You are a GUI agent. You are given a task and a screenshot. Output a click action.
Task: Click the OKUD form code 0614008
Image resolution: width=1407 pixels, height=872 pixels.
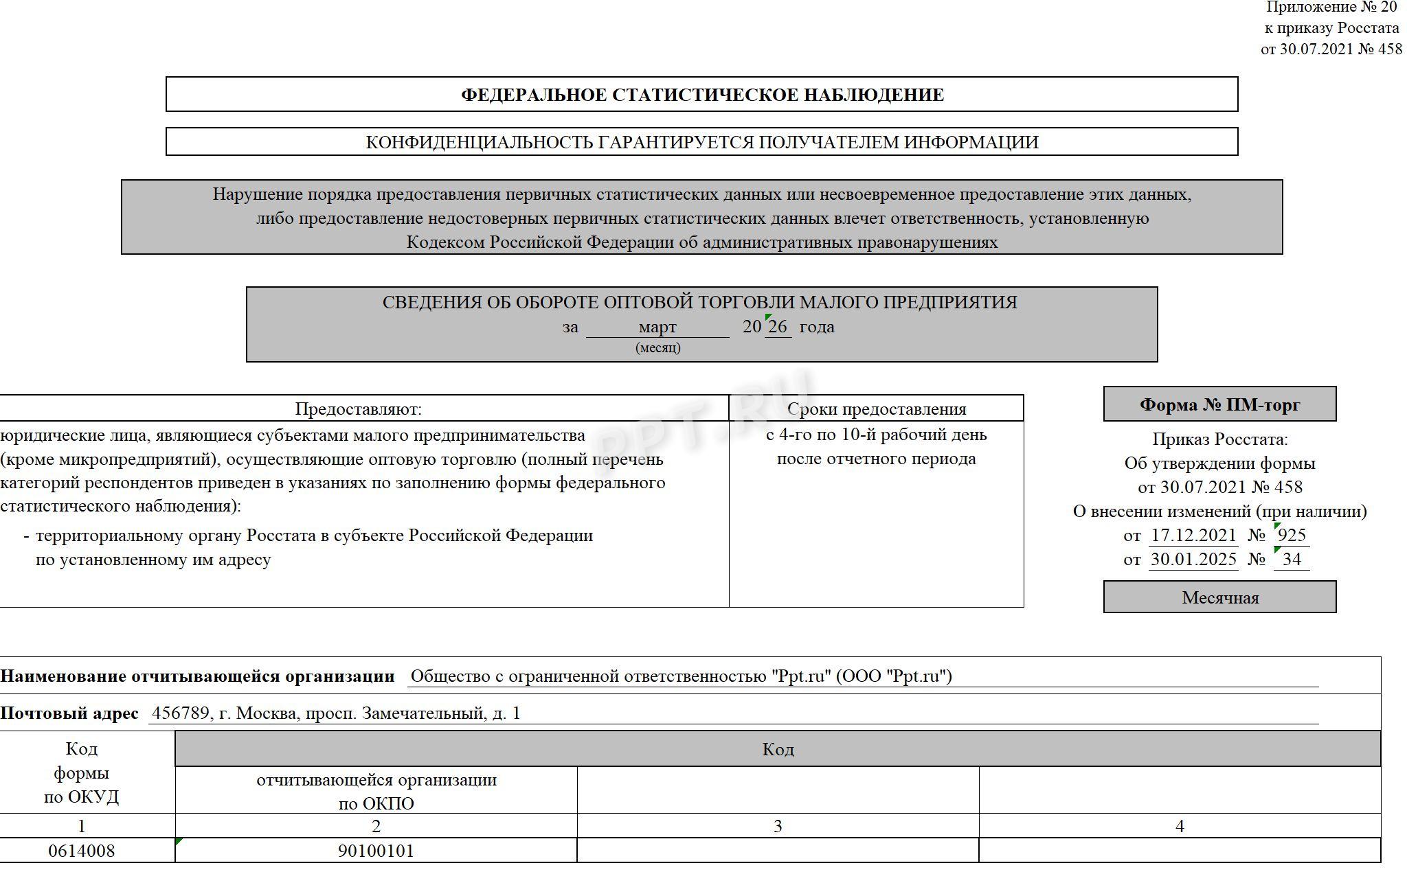pyautogui.click(x=81, y=851)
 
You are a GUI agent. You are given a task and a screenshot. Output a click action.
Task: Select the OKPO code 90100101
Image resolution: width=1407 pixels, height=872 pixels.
pyautogui.click(x=376, y=851)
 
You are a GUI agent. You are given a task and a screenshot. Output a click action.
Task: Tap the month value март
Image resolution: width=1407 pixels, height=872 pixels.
pyautogui.click(x=657, y=327)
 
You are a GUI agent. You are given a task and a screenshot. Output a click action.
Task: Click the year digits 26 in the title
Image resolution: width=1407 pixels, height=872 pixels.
pyautogui.click(x=777, y=327)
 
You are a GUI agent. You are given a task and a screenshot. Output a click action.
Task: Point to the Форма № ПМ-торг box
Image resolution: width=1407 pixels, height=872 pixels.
pyautogui.click(x=1219, y=404)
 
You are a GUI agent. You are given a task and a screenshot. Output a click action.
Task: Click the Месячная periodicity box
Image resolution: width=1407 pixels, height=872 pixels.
pyautogui.click(x=1219, y=597)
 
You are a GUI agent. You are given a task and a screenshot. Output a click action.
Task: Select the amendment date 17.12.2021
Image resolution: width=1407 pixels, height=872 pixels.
pyautogui.click(x=1193, y=535)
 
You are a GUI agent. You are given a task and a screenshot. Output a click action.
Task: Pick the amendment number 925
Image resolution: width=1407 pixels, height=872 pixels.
pyautogui.click(x=1292, y=535)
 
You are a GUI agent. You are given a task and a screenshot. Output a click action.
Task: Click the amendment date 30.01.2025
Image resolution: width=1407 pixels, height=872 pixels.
pyautogui.click(x=1193, y=559)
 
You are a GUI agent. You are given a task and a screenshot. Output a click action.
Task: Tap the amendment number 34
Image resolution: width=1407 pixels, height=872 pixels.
pyautogui.click(x=1292, y=559)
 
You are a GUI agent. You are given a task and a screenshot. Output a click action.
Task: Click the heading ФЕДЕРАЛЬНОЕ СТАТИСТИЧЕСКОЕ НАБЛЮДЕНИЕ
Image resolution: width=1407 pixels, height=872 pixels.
pyautogui.click(x=701, y=95)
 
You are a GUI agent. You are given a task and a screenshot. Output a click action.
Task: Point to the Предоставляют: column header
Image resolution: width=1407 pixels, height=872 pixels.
pyautogui.click(x=358, y=409)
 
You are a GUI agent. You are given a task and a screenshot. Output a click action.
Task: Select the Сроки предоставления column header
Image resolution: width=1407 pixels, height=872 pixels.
pyautogui.click(x=876, y=409)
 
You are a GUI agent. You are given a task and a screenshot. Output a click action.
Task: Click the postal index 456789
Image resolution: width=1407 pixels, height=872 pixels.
pyautogui.click(x=180, y=713)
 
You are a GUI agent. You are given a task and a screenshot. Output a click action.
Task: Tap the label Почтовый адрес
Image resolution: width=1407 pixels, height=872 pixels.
pyautogui.click(x=69, y=713)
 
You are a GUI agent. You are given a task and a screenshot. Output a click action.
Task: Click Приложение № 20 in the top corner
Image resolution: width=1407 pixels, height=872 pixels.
pyautogui.click(x=1331, y=8)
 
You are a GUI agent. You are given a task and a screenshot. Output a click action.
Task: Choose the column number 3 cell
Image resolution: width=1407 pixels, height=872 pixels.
pyautogui.click(x=777, y=826)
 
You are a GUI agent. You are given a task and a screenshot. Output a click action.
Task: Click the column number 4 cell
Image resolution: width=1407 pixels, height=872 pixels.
pyautogui.click(x=1179, y=826)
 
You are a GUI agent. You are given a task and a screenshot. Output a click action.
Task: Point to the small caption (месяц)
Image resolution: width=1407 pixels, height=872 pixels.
pyautogui.click(x=657, y=347)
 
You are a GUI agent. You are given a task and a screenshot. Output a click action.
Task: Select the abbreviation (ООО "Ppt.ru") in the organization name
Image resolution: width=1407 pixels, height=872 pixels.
pyautogui.click(x=894, y=676)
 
